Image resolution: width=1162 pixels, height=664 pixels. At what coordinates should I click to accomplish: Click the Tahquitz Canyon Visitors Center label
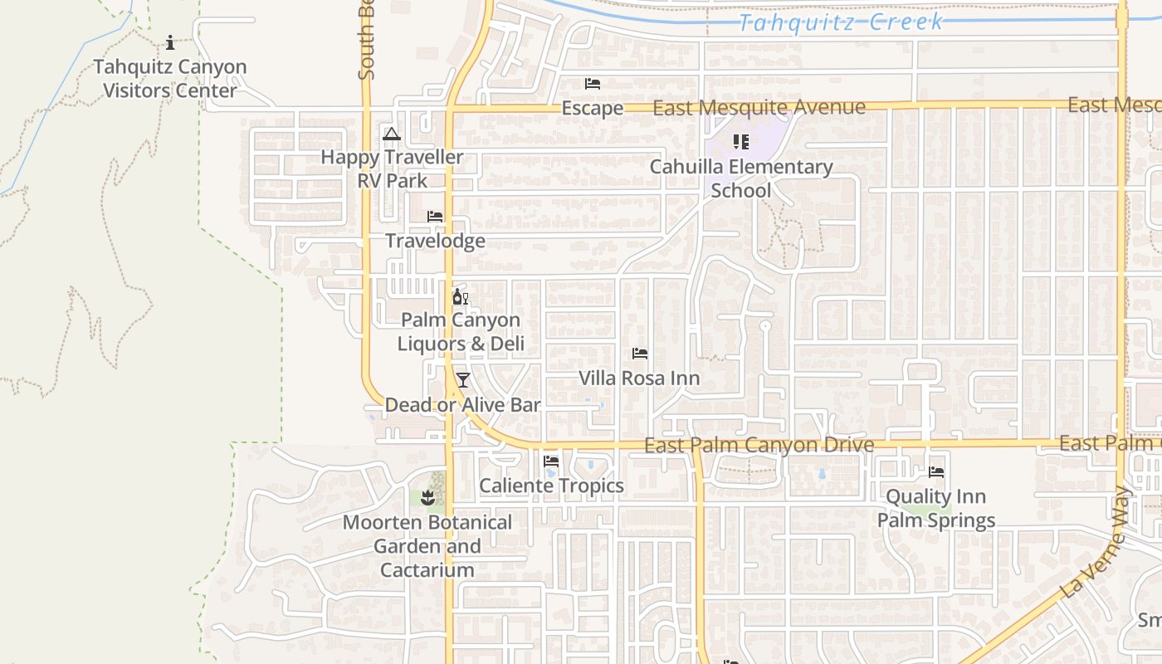coord(170,79)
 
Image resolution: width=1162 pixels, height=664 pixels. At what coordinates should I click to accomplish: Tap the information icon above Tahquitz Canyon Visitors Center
coord(170,42)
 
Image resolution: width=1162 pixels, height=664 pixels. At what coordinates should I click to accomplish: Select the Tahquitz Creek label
coord(840,22)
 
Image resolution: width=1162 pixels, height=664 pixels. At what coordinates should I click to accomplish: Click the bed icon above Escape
coord(593,84)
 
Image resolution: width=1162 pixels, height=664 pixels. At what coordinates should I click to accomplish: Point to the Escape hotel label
coord(593,109)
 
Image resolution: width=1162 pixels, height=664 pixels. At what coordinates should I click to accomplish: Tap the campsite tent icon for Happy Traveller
coord(392,134)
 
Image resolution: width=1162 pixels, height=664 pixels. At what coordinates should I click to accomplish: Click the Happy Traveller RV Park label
coord(392,168)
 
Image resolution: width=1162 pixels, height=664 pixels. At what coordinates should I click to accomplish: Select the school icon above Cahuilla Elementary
coord(741,142)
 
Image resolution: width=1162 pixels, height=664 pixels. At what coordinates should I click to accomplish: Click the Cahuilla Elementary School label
coord(741,178)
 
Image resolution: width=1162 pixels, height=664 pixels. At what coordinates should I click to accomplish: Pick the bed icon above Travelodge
coord(435,217)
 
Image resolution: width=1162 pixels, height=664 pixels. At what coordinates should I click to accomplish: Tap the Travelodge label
coord(435,242)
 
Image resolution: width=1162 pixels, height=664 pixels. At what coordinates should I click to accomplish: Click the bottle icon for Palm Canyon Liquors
coord(459,296)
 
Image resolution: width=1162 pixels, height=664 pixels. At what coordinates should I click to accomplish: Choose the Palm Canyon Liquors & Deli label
coord(461,332)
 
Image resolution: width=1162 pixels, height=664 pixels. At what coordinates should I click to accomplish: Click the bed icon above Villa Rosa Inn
coord(639,354)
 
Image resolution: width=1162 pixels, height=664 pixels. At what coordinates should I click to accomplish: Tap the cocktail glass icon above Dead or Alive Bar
coord(463,380)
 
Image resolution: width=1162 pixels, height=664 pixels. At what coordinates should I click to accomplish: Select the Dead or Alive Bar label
coord(463,405)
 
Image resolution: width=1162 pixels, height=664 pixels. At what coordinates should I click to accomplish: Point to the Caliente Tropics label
coord(551,486)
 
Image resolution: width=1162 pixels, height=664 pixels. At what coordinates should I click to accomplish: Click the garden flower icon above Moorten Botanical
coord(427,498)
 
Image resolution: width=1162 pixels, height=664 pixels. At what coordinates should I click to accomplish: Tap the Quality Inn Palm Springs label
coord(936,509)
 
